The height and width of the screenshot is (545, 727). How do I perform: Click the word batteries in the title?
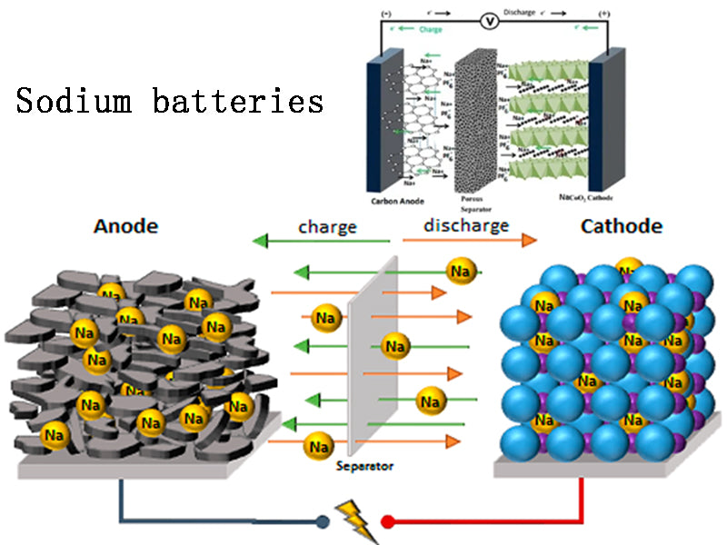click(x=238, y=101)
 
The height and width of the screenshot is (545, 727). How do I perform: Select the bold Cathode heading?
click(x=621, y=226)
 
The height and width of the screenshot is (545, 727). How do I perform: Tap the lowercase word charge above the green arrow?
click(x=327, y=226)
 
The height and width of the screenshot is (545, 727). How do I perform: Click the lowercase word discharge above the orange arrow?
click(x=466, y=225)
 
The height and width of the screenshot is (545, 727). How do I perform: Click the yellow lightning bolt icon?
click(x=356, y=520)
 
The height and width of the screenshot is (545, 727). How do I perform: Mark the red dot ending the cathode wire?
click(x=388, y=521)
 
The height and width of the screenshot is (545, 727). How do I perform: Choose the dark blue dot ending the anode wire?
click(x=324, y=521)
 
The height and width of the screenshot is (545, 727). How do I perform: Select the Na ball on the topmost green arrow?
click(x=460, y=270)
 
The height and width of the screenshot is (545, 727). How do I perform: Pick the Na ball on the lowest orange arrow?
click(x=318, y=446)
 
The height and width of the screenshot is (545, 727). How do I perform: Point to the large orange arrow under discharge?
click(x=468, y=242)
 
